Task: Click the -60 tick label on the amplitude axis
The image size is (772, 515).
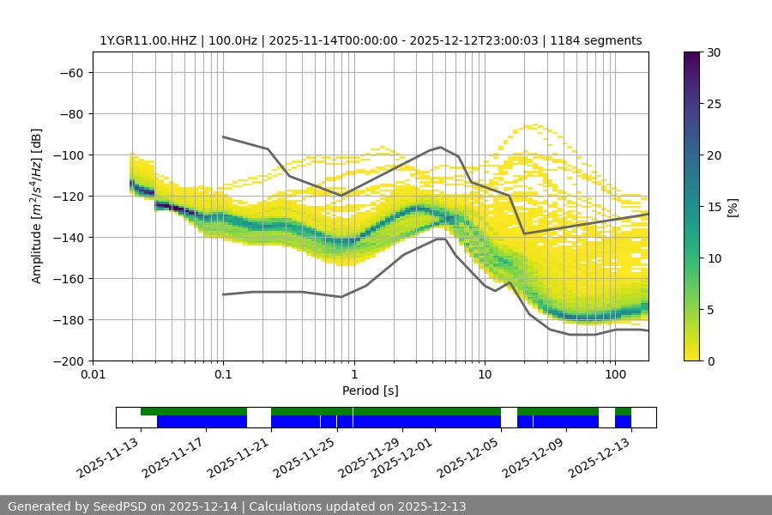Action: coord(70,72)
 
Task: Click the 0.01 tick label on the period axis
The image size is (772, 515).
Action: coord(93,374)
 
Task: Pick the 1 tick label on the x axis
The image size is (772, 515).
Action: coord(353,374)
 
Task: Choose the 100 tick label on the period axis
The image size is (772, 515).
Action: coord(614,374)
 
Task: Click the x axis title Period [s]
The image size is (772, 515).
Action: coord(371,391)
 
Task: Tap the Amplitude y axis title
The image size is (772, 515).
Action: coord(37,206)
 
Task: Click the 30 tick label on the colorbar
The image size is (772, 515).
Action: coord(714,52)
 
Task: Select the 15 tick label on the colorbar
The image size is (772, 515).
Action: coord(714,207)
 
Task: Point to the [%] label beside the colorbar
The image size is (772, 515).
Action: coord(733,207)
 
